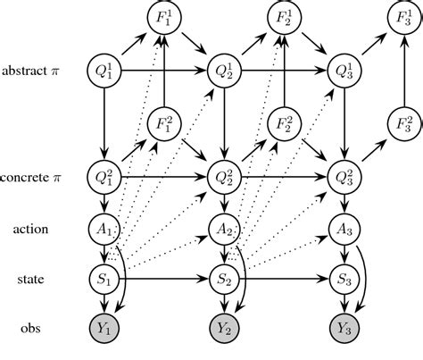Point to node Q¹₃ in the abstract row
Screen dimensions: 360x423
pyautogui.click(x=344, y=69)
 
